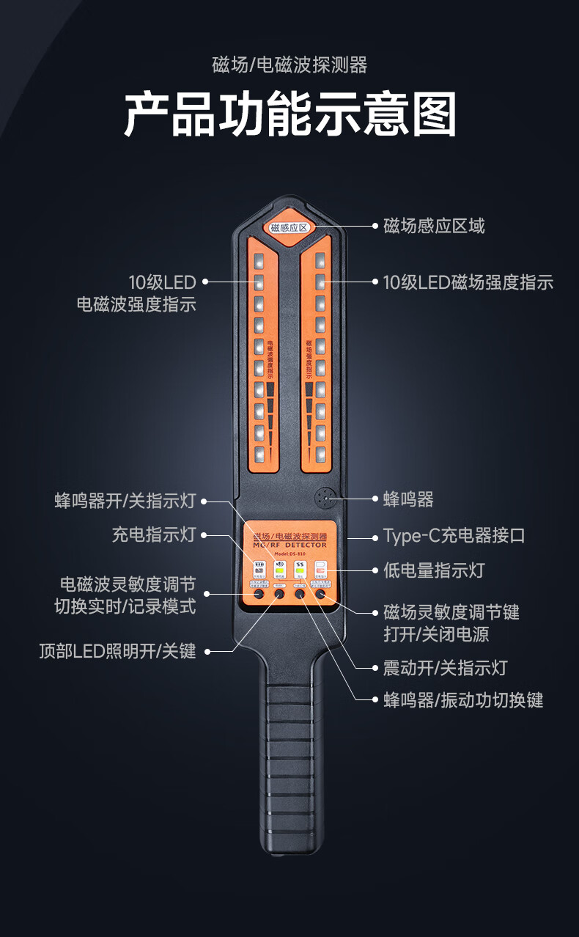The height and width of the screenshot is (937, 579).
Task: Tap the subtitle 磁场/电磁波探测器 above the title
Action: coord(289,65)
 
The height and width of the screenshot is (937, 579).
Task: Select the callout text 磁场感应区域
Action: coord(434,226)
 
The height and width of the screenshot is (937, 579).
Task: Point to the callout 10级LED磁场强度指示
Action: coord(468,282)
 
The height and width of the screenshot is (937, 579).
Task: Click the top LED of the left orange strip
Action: coord(259,260)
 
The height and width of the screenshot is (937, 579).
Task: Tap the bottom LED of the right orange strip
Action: coord(320,453)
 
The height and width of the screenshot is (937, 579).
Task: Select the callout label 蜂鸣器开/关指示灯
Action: coord(125,501)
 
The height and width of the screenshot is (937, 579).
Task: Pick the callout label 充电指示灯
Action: coord(154,534)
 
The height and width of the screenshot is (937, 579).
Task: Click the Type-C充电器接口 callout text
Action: coord(454,535)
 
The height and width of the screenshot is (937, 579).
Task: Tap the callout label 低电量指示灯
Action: coord(434,570)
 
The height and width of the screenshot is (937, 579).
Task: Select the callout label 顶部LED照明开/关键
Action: coord(118,651)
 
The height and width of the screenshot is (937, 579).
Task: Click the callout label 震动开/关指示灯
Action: coord(445,668)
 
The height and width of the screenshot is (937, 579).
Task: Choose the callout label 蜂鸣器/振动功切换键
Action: coord(463,700)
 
